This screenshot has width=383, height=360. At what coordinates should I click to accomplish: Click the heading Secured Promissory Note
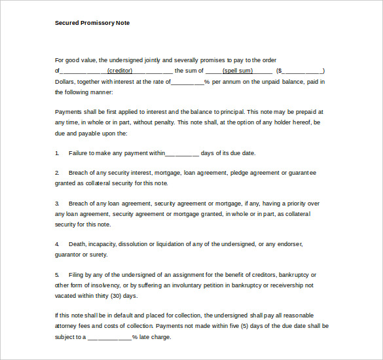[92, 23]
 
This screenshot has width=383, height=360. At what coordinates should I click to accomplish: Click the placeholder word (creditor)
[120, 71]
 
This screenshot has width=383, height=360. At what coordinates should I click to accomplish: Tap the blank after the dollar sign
[302, 71]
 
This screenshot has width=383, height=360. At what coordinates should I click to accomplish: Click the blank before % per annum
[187, 82]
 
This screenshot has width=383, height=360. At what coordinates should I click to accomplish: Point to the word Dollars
[65, 82]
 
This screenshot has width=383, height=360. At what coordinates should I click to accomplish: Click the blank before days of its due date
[182, 153]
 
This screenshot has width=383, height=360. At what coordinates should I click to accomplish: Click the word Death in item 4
[77, 244]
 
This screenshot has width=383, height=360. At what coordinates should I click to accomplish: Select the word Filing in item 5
[77, 275]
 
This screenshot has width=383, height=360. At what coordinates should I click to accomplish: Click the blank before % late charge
[109, 338]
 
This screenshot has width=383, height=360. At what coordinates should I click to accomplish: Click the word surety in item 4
[98, 255]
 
